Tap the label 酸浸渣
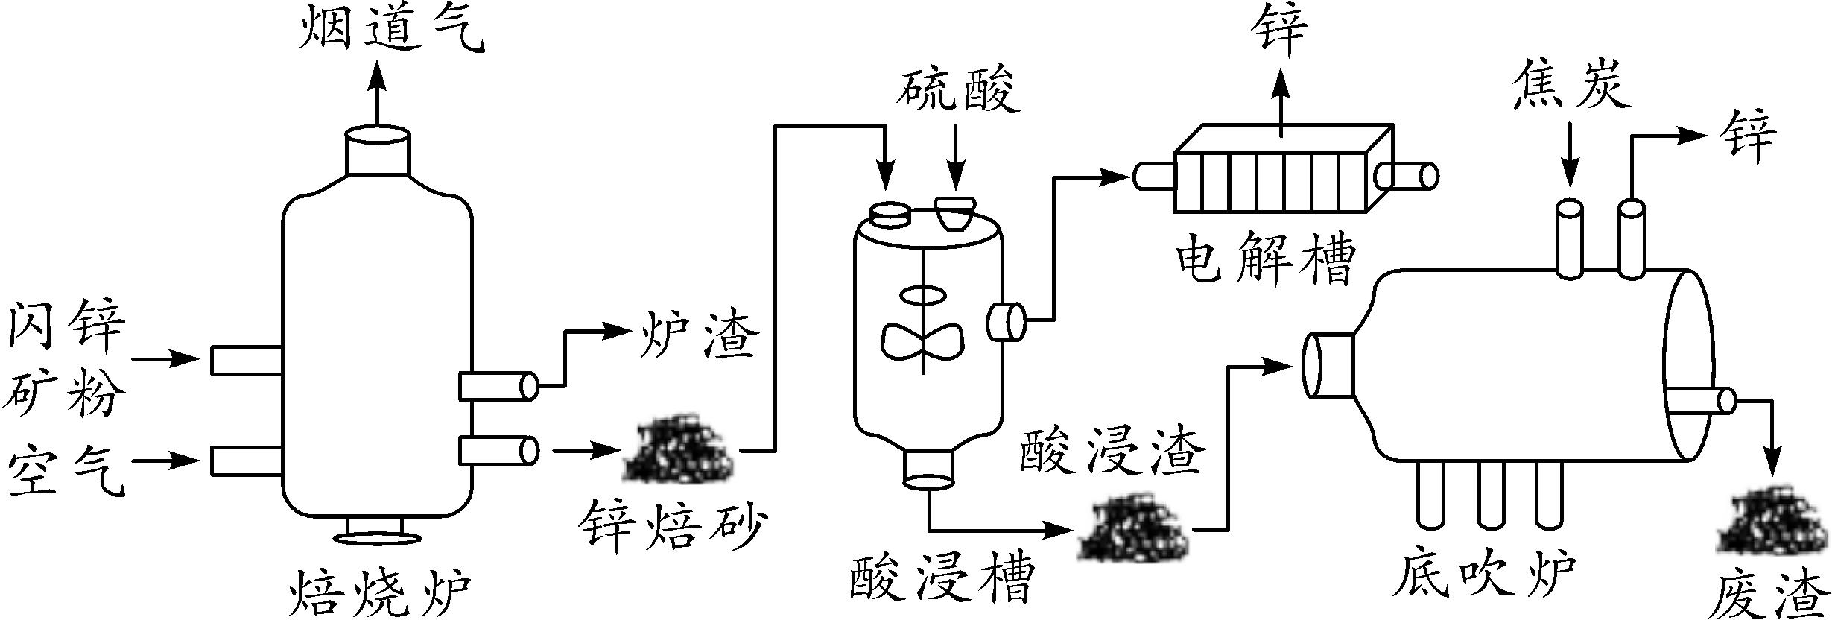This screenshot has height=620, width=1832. pyautogui.click(x=1111, y=452)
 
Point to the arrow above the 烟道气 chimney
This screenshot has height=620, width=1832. pyautogui.click(x=375, y=93)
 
